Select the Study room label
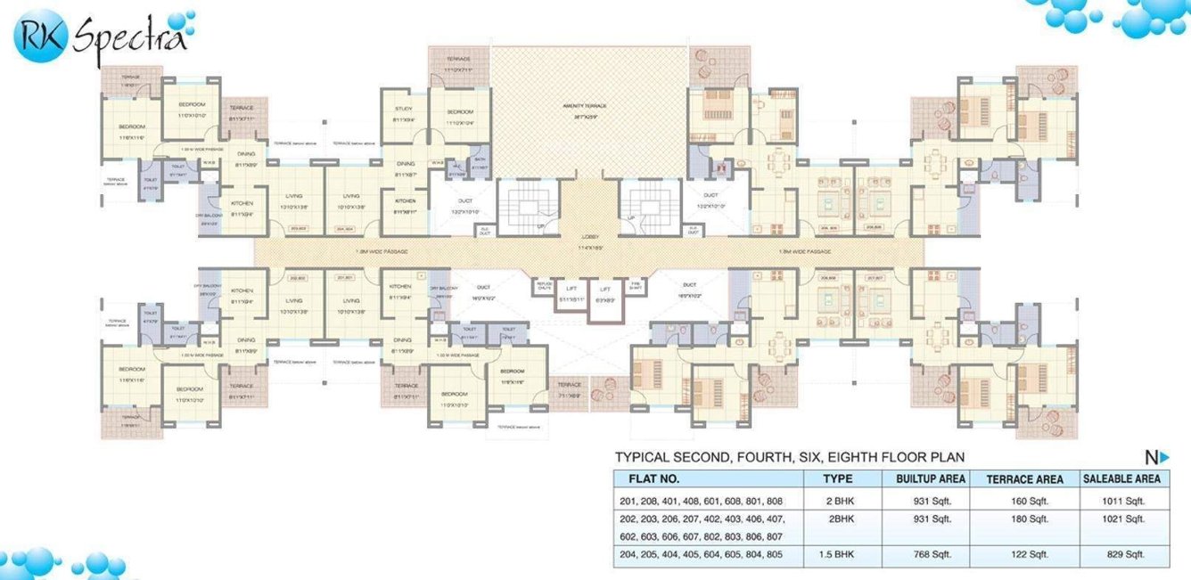(403, 109)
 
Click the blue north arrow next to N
(1163, 458)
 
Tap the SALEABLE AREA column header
(1121, 478)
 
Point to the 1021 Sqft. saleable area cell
(1121, 519)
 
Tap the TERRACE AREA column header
(1024, 478)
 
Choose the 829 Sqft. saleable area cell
(1121, 555)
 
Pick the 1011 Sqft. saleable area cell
(1121, 500)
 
